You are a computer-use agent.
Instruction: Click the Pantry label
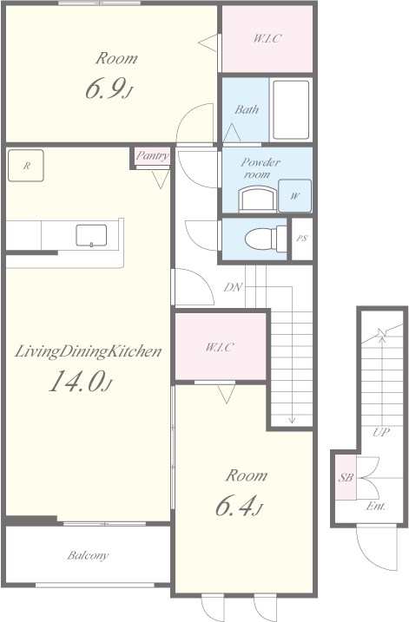coord(153,155)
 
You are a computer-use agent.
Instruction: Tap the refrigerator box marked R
coord(26,166)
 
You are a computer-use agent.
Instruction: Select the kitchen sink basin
coord(91,235)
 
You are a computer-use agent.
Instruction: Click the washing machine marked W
coord(294,195)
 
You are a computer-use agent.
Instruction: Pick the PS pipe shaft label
coord(302,239)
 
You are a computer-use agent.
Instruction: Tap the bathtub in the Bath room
coord(291,110)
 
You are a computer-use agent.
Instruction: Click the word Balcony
coord(88,555)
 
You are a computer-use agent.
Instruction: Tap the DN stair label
coord(233,287)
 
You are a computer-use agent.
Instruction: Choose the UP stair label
coord(381,432)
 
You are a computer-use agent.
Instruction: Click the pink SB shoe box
coord(346,478)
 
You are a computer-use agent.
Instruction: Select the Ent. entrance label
coord(375,506)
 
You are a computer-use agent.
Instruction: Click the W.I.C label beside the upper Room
coord(267,38)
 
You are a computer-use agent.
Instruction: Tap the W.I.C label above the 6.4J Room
coord(219,347)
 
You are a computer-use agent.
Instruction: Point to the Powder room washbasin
coord(255,200)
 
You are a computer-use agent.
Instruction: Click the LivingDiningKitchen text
coord(89,352)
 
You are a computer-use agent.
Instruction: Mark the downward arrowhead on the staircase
coord(293,420)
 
